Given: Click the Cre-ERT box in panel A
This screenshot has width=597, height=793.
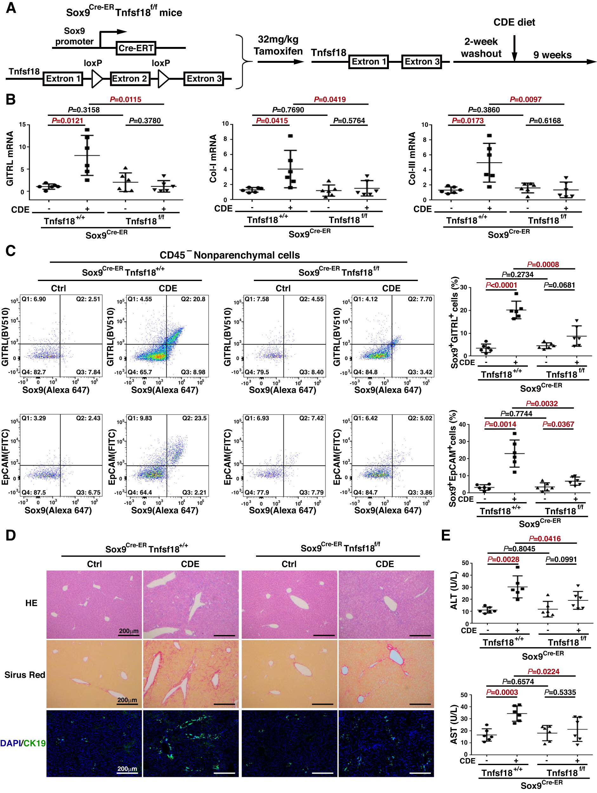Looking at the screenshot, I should point(136,48).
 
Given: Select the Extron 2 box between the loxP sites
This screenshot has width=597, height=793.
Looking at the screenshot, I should point(129,79).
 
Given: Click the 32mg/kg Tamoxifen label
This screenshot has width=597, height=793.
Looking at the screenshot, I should point(278,45).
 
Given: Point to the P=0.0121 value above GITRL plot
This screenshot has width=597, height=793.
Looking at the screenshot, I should point(68,121).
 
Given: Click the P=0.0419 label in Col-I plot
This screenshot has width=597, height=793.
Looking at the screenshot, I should point(330,99).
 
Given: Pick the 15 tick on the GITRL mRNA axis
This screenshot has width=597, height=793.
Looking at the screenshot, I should point(22,124).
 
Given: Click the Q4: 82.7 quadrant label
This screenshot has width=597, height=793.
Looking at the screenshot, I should point(34,372).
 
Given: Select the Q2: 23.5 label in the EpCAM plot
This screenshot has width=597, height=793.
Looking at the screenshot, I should point(194,418).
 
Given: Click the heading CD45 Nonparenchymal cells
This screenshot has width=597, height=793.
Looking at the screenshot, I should point(229,255).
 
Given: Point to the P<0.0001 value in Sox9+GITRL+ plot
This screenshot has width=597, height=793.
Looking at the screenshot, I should point(501,285).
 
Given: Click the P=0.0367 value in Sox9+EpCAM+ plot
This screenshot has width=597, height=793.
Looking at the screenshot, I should point(558,424).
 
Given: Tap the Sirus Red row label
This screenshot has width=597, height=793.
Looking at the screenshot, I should point(25,675).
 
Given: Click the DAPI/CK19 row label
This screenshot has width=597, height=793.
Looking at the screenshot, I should point(23,743).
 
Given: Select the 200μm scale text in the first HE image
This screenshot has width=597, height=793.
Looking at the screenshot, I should point(129,631).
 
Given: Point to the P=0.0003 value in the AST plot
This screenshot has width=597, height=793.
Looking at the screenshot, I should point(502,692).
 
